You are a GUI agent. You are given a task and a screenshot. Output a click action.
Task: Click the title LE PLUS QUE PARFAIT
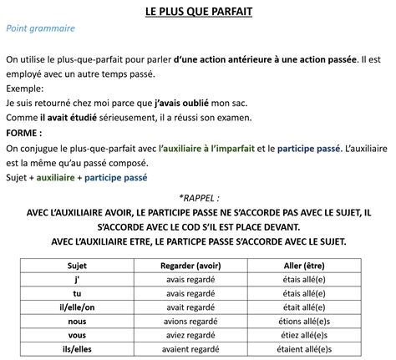(199, 12)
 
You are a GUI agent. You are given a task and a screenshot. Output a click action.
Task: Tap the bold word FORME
(23, 134)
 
